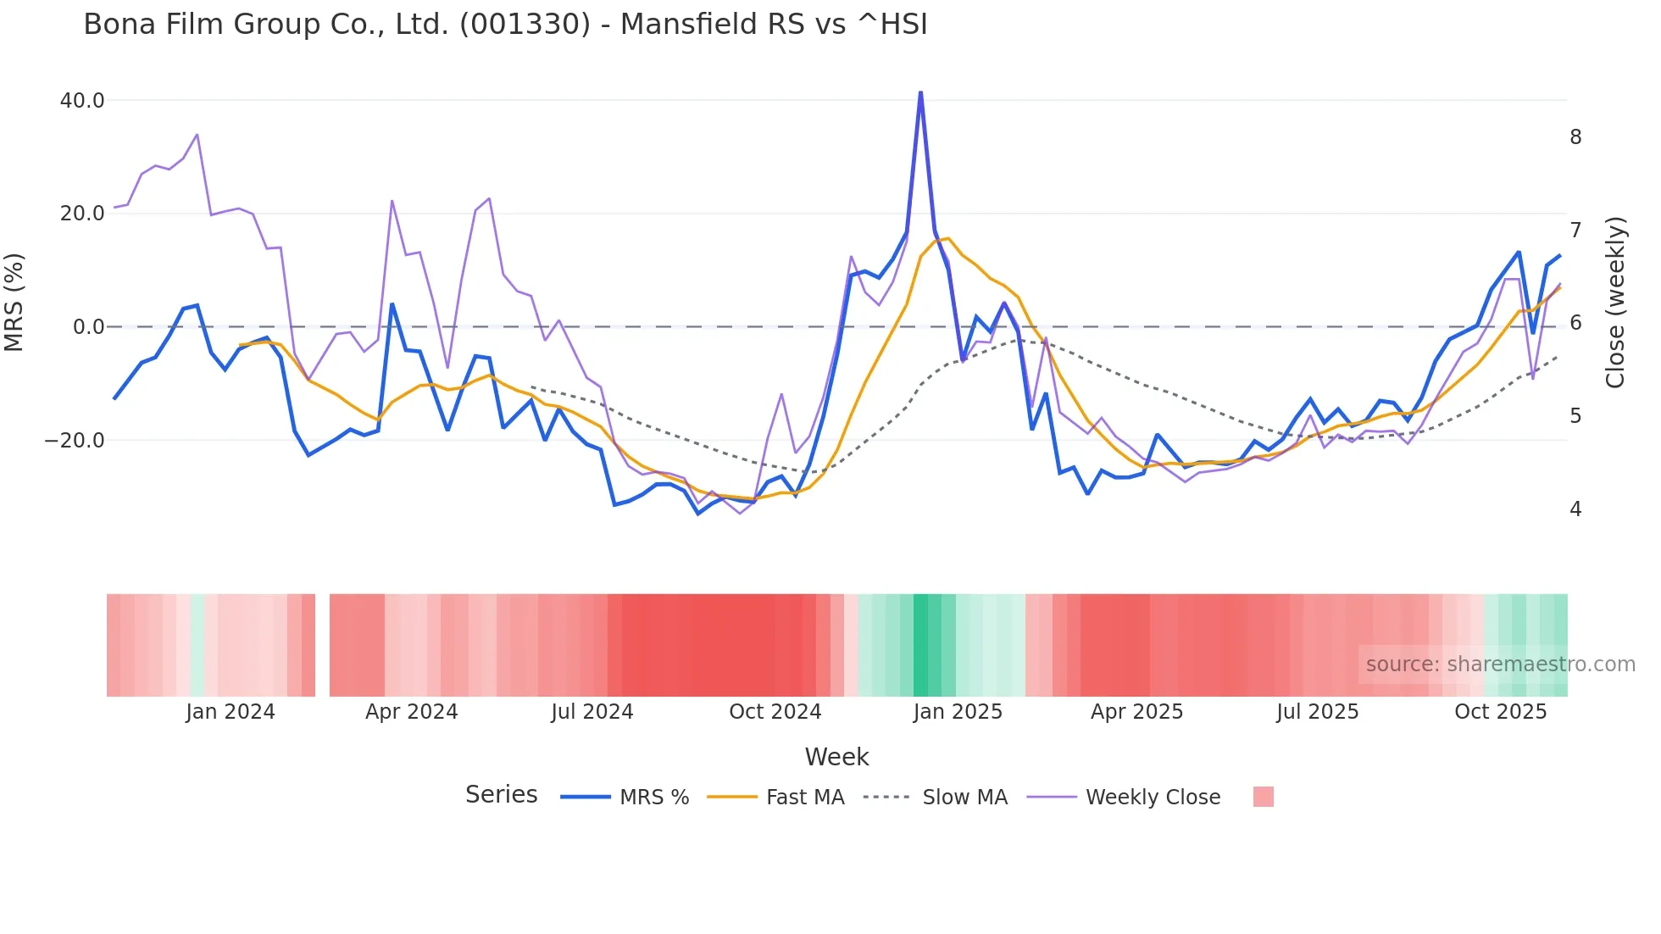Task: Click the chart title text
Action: [x=505, y=25]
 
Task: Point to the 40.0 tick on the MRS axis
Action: [x=82, y=101]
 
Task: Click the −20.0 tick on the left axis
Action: [x=75, y=441]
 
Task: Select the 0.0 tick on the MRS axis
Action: [x=88, y=327]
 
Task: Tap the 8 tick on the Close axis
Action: [x=1575, y=137]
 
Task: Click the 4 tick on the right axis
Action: [x=1575, y=509]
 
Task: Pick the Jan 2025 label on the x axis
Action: [x=958, y=712]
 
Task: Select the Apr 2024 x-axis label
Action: [x=411, y=712]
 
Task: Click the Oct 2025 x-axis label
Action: [x=1500, y=712]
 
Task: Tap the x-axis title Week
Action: [x=836, y=757]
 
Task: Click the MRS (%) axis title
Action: [x=14, y=303]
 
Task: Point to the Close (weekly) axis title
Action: [x=1615, y=303]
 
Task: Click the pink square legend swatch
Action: [x=1263, y=797]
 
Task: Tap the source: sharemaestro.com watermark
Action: [x=1500, y=664]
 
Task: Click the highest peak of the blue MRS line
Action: [x=920, y=93]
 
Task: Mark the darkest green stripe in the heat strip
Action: [x=920, y=645]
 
